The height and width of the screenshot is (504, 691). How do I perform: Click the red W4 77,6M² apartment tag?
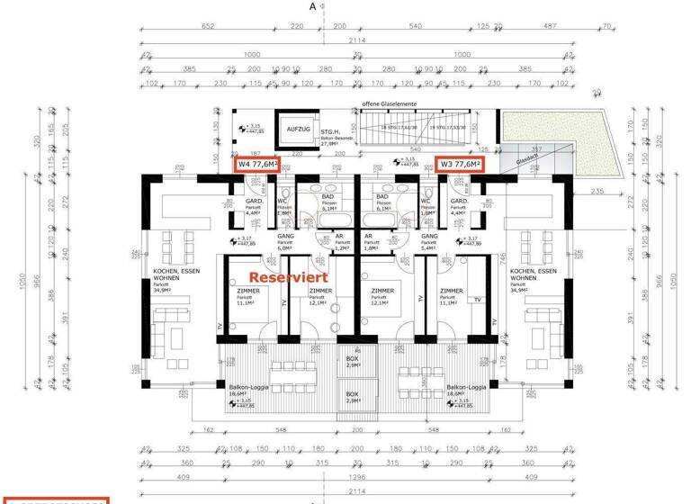[257, 165]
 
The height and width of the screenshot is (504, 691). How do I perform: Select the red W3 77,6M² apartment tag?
[460, 164]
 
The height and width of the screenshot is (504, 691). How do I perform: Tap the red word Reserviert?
[288, 278]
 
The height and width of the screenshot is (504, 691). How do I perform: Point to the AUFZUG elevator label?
[298, 130]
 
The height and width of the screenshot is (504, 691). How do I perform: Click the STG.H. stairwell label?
[328, 131]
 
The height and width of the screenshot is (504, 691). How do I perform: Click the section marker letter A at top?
[313, 6]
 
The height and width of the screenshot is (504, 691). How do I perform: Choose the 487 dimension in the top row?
[546, 26]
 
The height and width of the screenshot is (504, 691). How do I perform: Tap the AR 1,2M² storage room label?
[339, 241]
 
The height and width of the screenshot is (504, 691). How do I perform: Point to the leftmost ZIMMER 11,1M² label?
[245, 297]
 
